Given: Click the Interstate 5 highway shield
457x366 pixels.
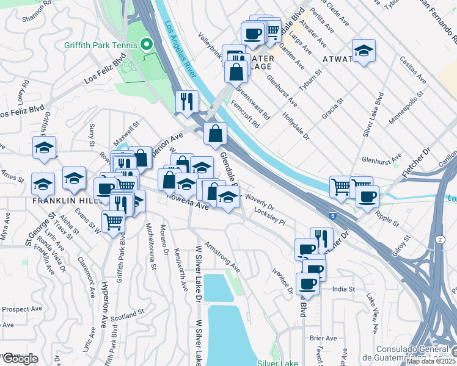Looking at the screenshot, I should tap(348, 216).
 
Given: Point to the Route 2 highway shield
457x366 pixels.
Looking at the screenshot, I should tap(441, 240).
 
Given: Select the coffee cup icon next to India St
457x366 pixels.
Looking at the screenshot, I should tap(307, 283).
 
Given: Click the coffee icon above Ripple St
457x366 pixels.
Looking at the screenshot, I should tap(367, 196).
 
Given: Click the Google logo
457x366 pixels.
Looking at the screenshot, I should tap(20, 359).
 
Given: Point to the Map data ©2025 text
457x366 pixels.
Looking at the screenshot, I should tap(431, 361).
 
